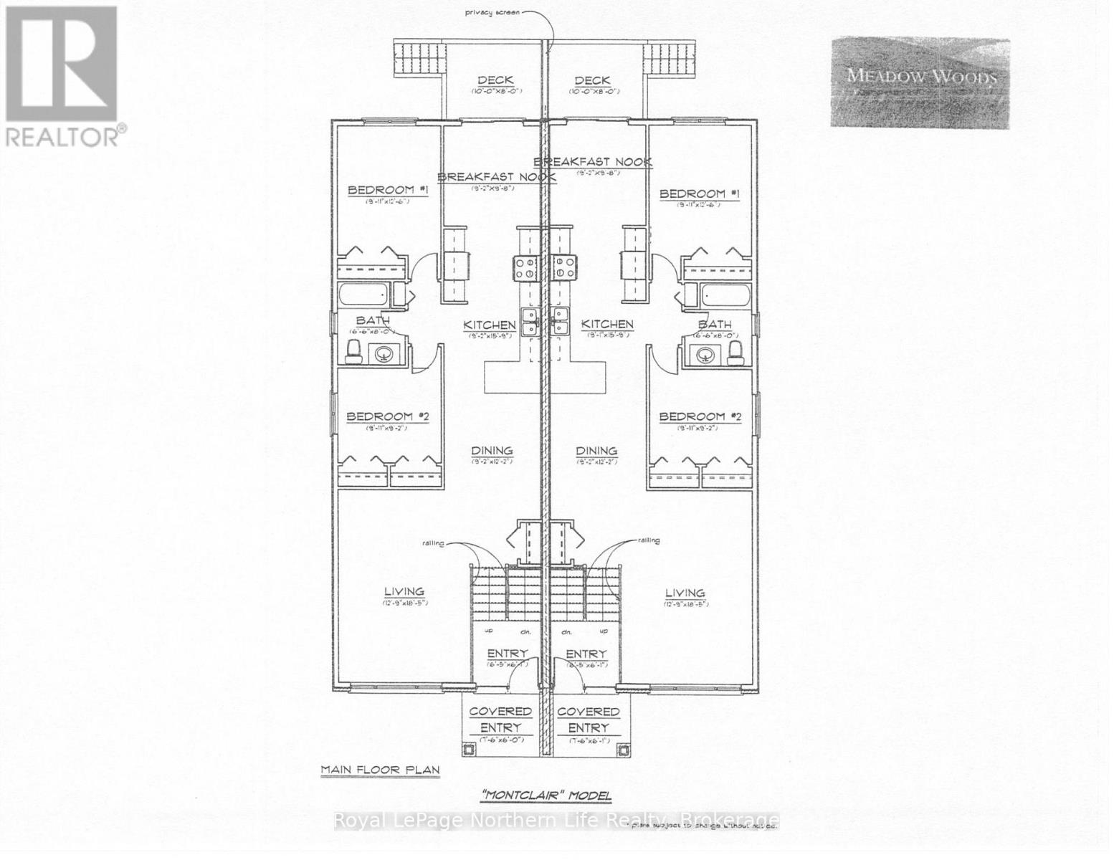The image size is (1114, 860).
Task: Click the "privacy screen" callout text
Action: point(493,12)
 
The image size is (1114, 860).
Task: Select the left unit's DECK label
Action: point(495,80)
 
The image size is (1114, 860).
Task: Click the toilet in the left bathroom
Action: point(353,350)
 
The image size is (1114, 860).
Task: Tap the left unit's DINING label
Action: point(492,451)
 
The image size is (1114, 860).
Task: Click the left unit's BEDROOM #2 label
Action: point(387,416)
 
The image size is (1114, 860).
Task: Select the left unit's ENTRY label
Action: point(507,654)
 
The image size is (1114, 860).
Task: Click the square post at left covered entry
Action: point(470,749)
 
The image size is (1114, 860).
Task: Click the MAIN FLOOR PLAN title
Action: point(380,770)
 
